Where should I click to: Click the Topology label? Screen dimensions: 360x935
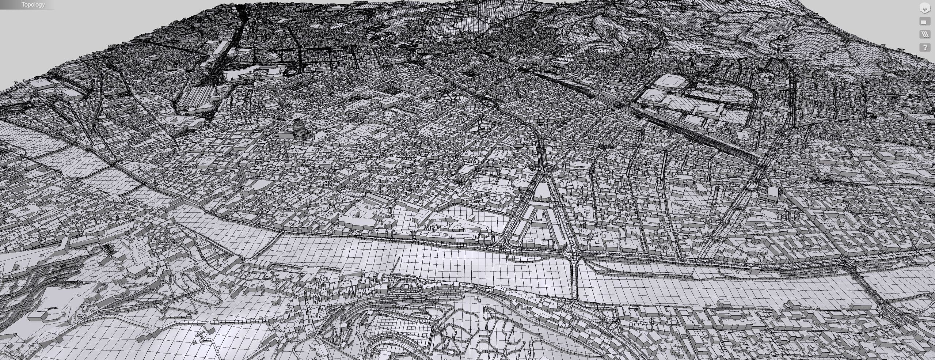tap(33, 5)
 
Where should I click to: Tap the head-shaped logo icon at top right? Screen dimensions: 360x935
tap(925, 8)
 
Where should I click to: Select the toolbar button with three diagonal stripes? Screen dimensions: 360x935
tap(925, 34)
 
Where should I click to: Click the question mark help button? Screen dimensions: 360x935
tap(925, 48)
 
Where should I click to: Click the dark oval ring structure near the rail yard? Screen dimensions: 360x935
tap(292, 71)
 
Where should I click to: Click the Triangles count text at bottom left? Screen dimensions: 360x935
tap(22, 352)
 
